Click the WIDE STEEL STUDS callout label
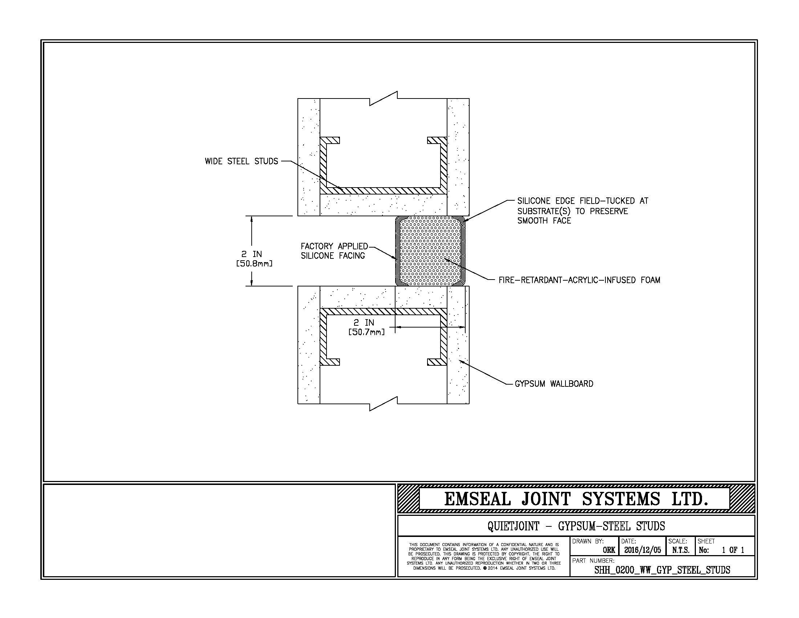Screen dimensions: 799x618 (x=242, y=161)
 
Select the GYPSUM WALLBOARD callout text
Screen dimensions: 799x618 (x=554, y=384)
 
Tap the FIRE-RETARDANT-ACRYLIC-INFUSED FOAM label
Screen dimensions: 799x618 (x=580, y=280)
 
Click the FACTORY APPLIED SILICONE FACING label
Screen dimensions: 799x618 (x=334, y=251)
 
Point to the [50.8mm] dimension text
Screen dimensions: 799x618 (x=254, y=264)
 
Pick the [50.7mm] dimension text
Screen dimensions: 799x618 (x=366, y=332)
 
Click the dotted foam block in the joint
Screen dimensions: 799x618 (x=430, y=251)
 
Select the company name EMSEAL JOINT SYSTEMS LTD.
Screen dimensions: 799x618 (x=576, y=499)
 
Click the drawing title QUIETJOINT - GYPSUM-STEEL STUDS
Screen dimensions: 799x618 (x=576, y=526)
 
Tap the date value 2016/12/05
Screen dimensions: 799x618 (x=642, y=550)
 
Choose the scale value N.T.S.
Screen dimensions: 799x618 (x=681, y=550)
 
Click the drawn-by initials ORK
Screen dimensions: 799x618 (x=609, y=550)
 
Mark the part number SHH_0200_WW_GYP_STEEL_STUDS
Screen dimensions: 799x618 (x=662, y=570)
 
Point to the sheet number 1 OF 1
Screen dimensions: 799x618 (x=733, y=550)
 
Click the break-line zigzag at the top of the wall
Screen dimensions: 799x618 (x=384, y=99)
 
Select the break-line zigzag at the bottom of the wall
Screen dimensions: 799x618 (x=384, y=404)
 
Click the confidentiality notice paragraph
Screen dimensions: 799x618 (x=484, y=557)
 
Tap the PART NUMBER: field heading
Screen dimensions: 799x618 (x=593, y=561)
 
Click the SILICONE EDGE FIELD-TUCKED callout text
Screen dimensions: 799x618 (x=583, y=211)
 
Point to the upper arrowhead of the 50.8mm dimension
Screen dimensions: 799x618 (x=252, y=220)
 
